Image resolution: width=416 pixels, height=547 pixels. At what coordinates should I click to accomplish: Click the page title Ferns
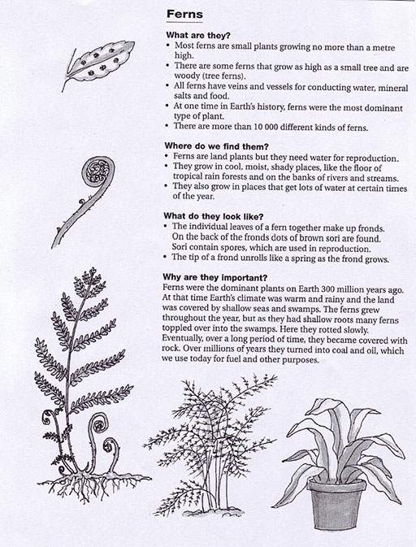[x=184, y=15]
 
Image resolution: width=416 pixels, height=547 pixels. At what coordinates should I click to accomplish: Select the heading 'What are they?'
[x=198, y=35]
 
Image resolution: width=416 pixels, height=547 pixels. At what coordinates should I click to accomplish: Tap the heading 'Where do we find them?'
[x=216, y=146]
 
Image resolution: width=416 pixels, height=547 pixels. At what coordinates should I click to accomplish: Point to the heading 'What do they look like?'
[x=214, y=217]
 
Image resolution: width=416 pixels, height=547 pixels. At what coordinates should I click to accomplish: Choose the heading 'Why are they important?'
[x=214, y=278]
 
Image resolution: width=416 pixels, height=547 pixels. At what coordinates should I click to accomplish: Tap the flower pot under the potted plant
[x=336, y=503]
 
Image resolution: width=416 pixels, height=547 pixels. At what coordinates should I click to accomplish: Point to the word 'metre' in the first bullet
[x=383, y=47]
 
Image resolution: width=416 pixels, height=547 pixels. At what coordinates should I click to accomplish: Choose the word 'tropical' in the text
[x=187, y=177]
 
